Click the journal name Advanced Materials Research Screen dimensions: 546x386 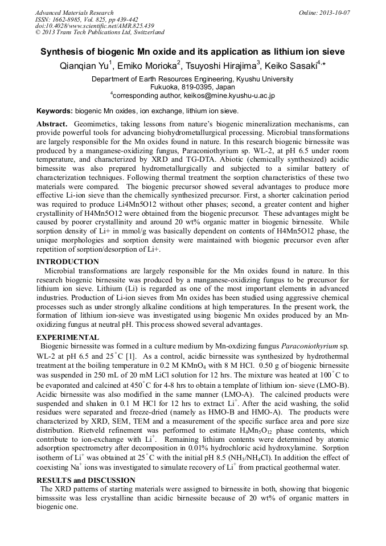74,13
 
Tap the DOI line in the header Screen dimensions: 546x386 95,26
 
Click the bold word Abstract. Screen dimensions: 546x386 52,124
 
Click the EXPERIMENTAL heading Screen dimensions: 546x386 67,338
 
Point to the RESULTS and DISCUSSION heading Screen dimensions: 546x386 85,481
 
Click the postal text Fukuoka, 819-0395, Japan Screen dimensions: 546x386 192,87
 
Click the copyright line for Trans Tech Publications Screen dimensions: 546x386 100,32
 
